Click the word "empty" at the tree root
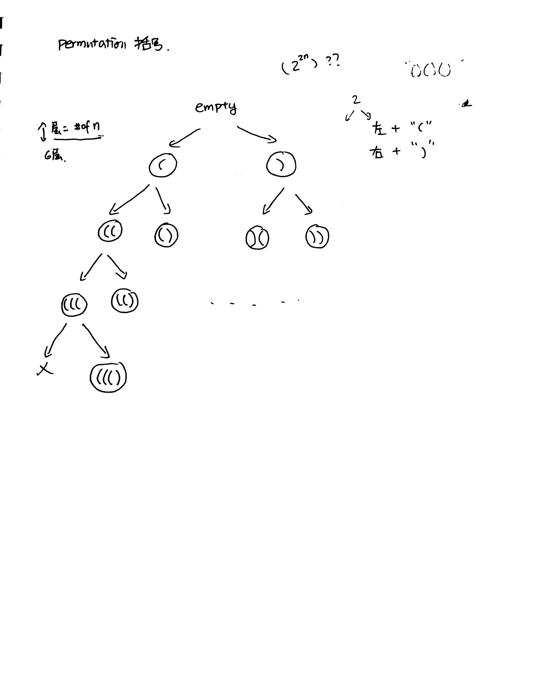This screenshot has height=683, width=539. (x=216, y=108)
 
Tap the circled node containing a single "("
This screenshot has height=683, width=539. (x=163, y=165)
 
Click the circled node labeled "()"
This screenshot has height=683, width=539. (x=166, y=235)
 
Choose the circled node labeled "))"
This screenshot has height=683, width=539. (x=317, y=237)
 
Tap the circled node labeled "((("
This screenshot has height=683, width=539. (x=74, y=305)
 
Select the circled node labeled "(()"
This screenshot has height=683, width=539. (x=125, y=301)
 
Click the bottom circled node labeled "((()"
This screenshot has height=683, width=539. (x=108, y=377)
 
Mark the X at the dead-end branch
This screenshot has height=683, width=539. (x=45, y=369)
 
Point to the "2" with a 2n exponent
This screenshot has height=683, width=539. (x=295, y=67)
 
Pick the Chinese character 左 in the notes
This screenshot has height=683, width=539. (x=379, y=129)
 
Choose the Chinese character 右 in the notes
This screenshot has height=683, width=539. (x=377, y=152)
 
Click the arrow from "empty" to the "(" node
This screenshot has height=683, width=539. (x=185, y=137)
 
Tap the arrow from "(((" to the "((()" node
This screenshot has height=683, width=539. (x=96, y=341)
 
